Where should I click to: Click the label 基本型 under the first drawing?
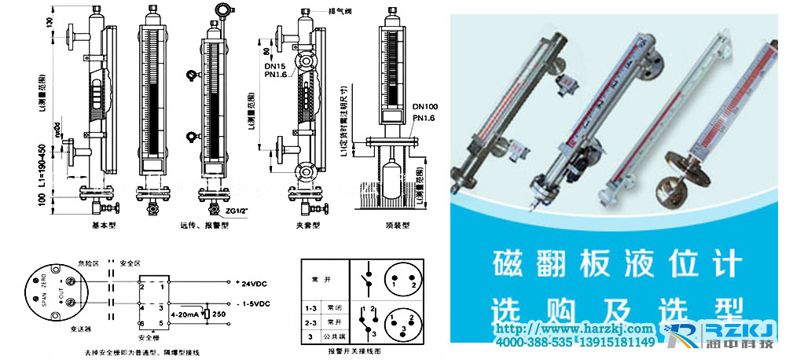(x=105, y=225)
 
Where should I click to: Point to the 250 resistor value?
(x=221, y=315)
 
